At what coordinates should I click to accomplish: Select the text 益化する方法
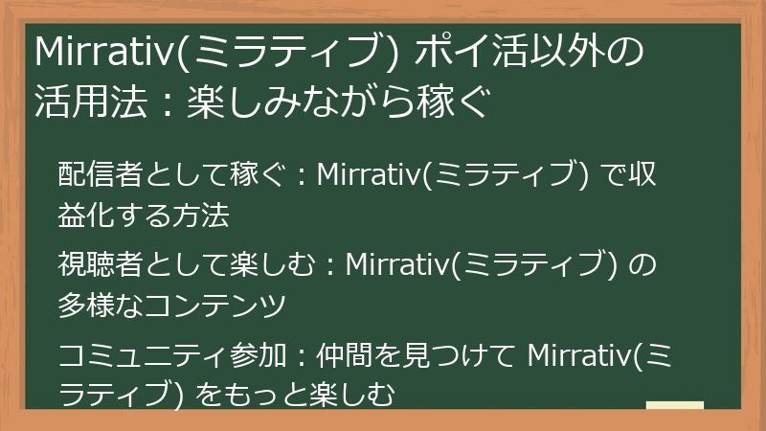tap(144, 215)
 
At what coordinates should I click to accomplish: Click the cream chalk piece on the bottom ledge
tap(675, 406)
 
